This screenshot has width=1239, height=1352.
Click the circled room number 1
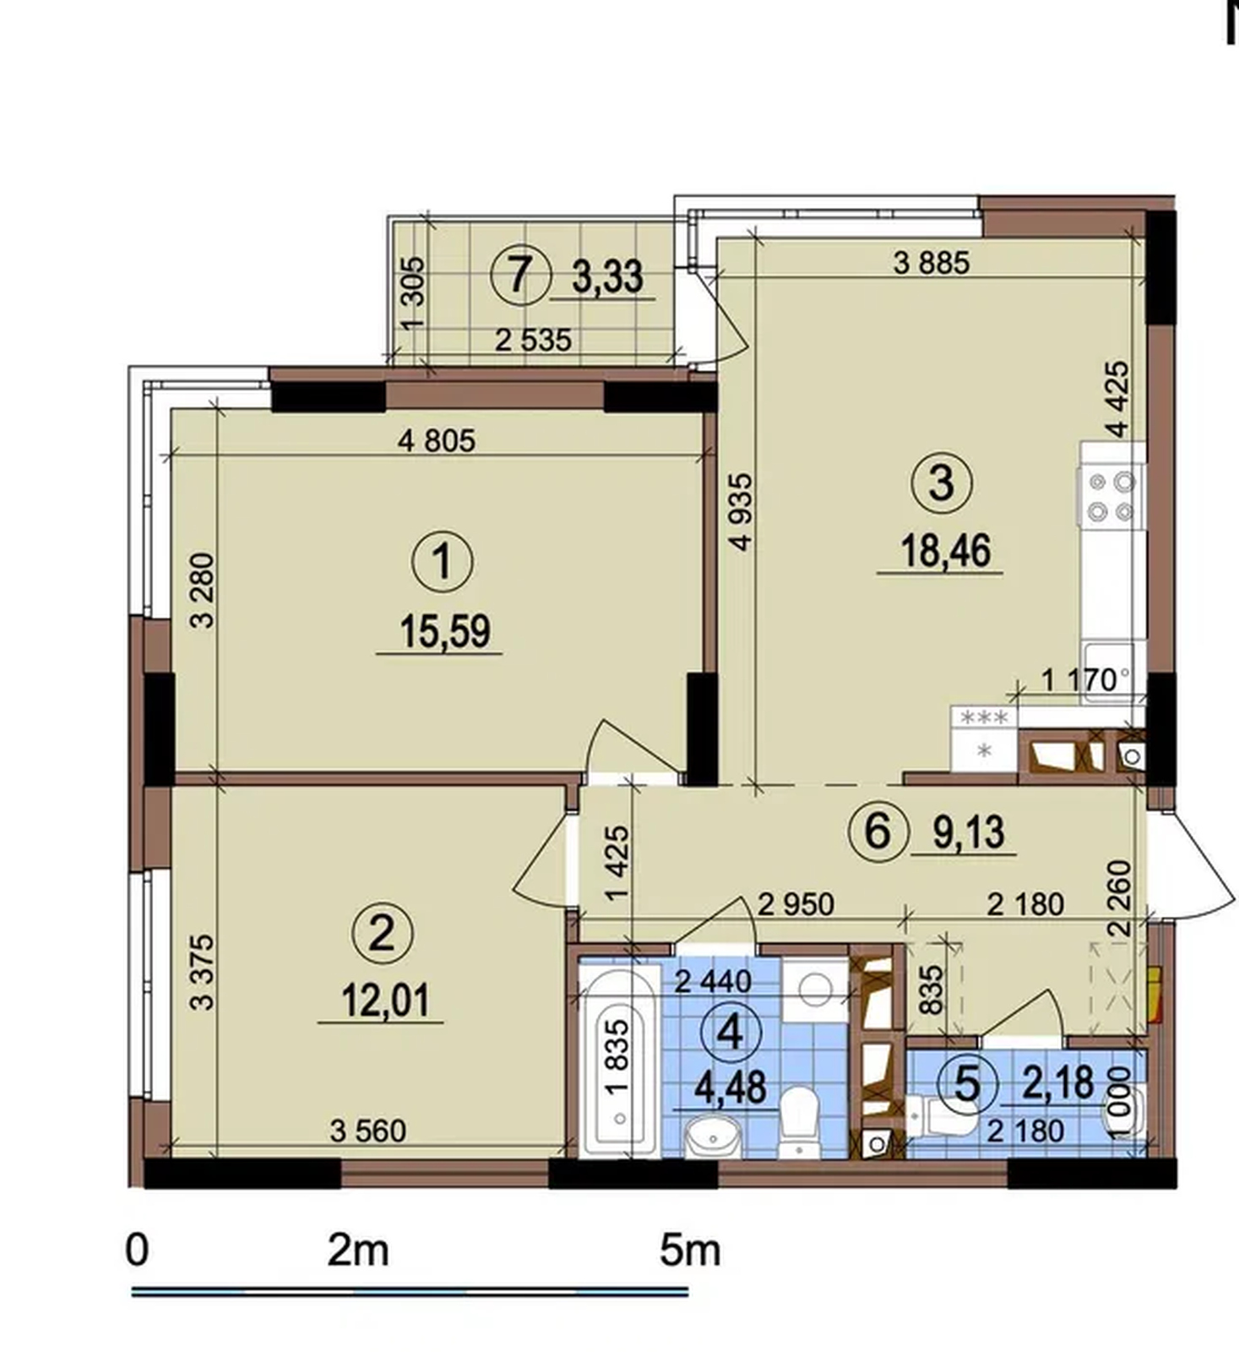pyautogui.click(x=443, y=563)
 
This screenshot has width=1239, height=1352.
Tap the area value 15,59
pyautogui.click(x=444, y=631)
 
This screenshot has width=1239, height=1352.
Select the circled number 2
pyautogui.click(x=382, y=934)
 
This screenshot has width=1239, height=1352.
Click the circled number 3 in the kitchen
pyautogui.click(x=942, y=483)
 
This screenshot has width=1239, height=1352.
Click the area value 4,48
pyautogui.click(x=731, y=1088)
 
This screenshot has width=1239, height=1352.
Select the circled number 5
pyautogui.click(x=967, y=1082)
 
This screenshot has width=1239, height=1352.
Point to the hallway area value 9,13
pyautogui.click(x=969, y=832)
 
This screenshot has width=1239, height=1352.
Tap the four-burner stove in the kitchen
pyautogui.click(x=1111, y=496)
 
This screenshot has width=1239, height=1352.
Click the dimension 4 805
pyautogui.click(x=437, y=440)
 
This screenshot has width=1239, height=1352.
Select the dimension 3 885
pyautogui.click(x=932, y=263)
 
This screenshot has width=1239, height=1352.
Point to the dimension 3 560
pyautogui.click(x=368, y=1130)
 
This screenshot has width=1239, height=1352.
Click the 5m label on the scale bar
pyautogui.click(x=690, y=1251)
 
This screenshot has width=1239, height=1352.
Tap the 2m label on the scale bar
pyautogui.click(x=358, y=1251)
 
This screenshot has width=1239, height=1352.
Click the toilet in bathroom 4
pyautogui.click(x=798, y=1121)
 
